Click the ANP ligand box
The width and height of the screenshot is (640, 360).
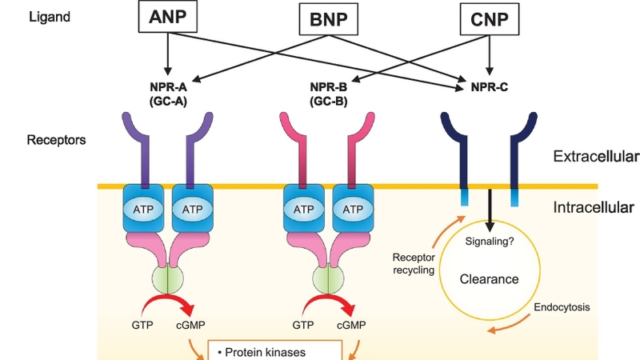(167, 16)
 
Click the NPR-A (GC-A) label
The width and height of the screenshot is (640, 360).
(167, 94)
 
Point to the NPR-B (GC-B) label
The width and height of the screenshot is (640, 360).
(327, 94)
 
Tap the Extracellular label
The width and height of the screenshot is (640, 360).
(595, 156)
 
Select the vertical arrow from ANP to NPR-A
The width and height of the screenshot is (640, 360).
(167, 51)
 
